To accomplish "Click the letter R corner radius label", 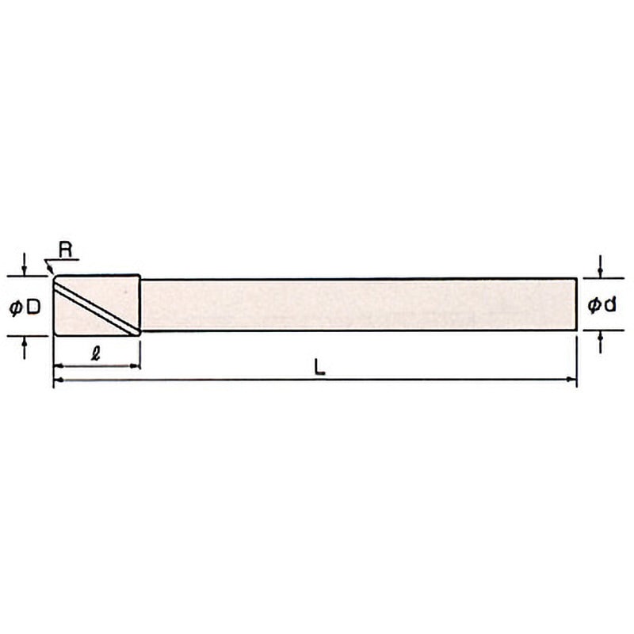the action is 66,250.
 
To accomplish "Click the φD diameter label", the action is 25,308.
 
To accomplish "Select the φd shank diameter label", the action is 602,305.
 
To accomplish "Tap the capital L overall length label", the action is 319,367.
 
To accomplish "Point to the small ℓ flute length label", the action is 96,353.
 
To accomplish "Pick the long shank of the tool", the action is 358,305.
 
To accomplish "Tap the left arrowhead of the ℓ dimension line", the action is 59,366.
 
